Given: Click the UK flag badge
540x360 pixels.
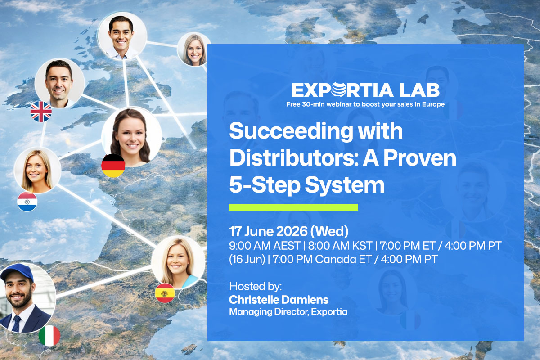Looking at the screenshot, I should tap(41, 111).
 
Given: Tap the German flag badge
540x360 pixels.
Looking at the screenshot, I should tap(113, 165).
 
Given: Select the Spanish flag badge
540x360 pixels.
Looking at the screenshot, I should tap(164, 293).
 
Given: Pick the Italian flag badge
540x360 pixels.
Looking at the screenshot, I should tap(49, 336).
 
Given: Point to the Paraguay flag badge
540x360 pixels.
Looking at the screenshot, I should tap(27, 202).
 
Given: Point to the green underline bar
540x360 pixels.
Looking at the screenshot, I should tap(293, 207).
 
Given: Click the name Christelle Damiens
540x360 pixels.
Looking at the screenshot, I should tap(279, 300).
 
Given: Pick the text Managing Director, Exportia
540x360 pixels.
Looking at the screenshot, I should tap(288, 311).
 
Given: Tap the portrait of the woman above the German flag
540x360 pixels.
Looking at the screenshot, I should tap(131, 135).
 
